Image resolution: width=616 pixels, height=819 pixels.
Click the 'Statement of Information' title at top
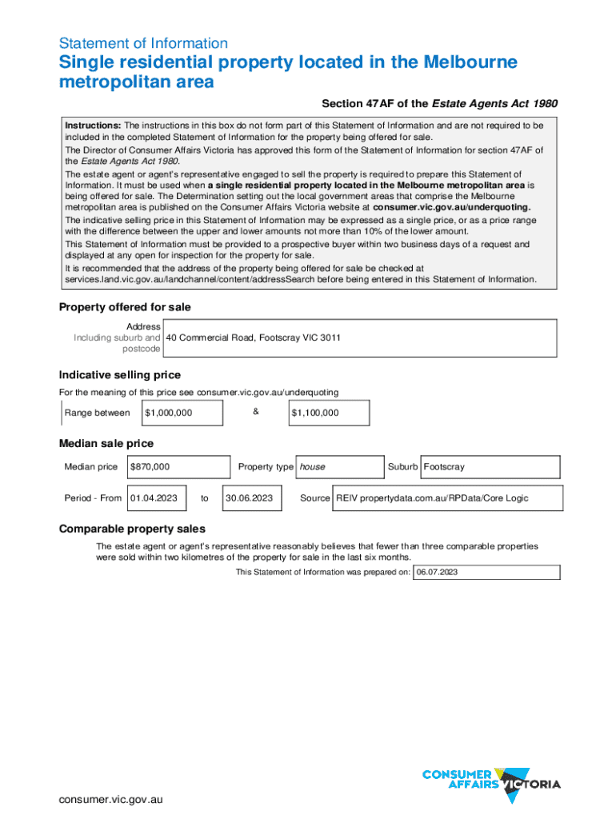coord(143,43)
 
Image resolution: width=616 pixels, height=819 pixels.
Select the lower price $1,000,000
coord(168,413)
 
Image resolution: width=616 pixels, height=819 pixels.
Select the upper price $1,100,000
coord(315,413)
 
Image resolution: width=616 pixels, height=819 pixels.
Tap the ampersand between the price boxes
coord(256,412)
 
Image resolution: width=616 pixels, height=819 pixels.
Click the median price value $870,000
coord(150,466)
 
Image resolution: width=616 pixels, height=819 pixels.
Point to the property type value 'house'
coord(312,466)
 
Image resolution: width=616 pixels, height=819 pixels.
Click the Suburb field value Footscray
coord(444,466)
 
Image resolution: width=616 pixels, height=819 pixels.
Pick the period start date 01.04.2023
coord(154,497)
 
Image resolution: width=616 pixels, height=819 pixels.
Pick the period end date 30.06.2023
coord(249,497)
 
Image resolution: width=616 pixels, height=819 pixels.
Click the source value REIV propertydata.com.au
coord(432,497)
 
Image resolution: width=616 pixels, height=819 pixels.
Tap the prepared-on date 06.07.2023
coord(437,572)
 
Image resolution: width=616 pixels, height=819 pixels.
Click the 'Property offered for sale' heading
coord(125,307)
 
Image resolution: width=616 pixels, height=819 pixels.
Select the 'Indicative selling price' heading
coord(120,375)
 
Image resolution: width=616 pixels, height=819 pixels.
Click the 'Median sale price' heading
coord(106,444)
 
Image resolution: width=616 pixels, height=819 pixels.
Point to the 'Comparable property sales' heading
coord(132,529)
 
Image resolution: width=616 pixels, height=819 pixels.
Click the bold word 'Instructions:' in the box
coord(93,126)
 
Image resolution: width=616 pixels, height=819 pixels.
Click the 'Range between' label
coord(97,413)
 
